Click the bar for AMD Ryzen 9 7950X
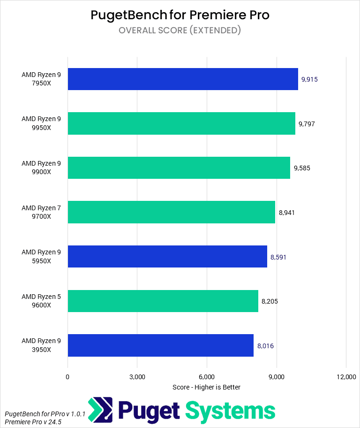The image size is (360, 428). (x=183, y=79)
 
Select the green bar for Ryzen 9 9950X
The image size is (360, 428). (x=181, y=123)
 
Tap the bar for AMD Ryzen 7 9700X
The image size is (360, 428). (x=171, y=212)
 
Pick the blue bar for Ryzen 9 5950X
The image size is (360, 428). (x=167, y=256)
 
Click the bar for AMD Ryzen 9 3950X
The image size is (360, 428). (x=160, y=345)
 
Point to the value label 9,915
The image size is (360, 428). (x=309, y=79)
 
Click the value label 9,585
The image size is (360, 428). (x=302, y=168)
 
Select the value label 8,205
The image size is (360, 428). (x=270, y=301)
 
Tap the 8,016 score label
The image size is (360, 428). (x=265, y=346)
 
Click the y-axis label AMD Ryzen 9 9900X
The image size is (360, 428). (x=41, y=168)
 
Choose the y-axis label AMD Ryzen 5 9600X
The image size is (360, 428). (x=41, y=301)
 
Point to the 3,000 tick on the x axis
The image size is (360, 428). (x=137, y=377)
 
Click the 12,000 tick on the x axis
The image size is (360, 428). (x=345, y=377)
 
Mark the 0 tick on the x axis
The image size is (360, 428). (x=67, y=377)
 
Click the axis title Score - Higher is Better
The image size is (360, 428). (x=206, y=387)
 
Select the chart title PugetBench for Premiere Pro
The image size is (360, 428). (x=180, y=15)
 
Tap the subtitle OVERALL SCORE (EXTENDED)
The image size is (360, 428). (x=180, y=31)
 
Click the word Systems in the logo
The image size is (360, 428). (x=230, y=411)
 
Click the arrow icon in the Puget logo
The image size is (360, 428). (x=100, y=410)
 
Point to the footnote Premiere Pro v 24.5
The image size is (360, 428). (x=33, y=422)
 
